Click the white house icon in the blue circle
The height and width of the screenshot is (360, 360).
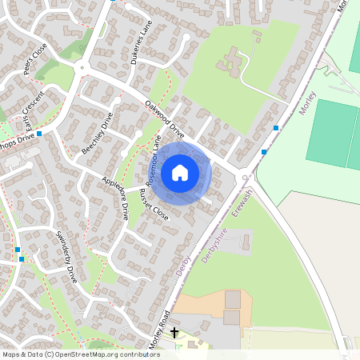tap(180, 172)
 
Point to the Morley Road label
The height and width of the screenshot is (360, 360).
tap(159, 327)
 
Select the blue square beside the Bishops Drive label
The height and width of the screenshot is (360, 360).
tap(38, 134)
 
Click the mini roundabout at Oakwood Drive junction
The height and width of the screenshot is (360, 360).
tap(245, 178)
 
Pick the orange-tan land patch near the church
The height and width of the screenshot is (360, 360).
tap(200, 305)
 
